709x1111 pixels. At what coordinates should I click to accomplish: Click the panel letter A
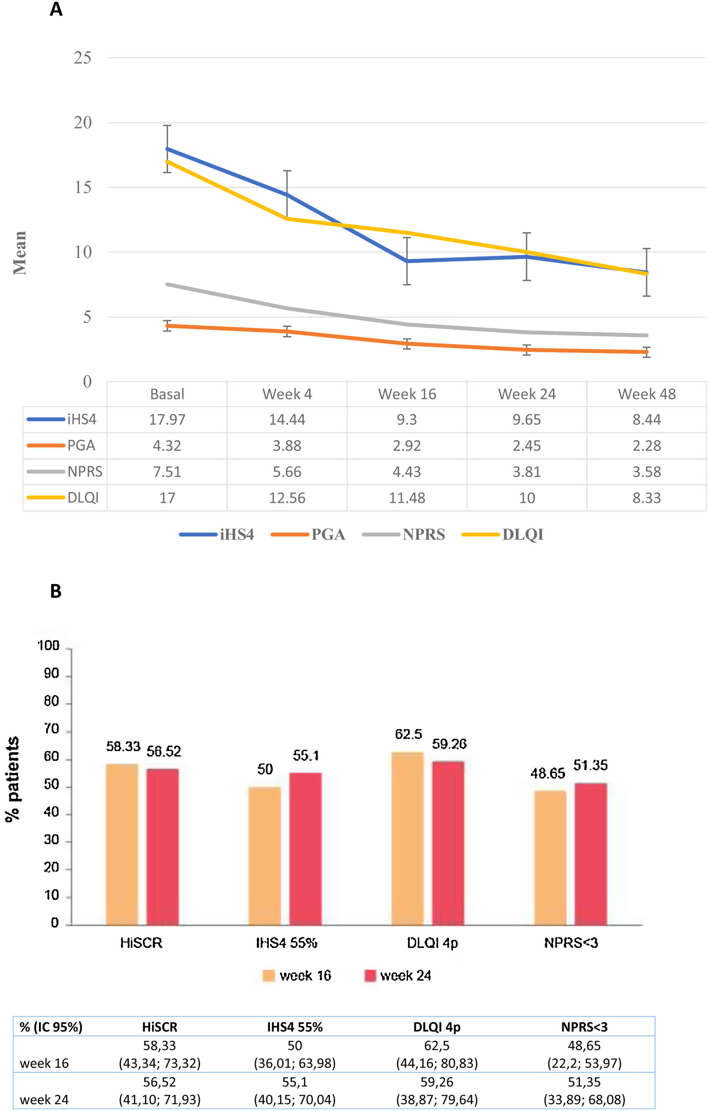click(56, 9)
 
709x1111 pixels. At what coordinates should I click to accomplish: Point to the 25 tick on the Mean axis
click(83, 58)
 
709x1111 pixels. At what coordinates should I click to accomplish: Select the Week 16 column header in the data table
click(407, 394)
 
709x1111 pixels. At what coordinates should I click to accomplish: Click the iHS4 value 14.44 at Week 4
click(287, 419)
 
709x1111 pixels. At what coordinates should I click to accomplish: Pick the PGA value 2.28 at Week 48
click(646, 446)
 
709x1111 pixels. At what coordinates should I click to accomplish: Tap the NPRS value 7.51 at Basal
click(167, 471)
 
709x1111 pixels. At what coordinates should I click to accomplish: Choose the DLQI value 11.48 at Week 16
click(407, 498)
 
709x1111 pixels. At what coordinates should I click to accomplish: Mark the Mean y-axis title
click(19, 253)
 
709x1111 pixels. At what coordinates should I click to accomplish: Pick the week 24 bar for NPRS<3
click(590, 853)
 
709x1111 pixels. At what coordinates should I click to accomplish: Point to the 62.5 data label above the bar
click(408, 734)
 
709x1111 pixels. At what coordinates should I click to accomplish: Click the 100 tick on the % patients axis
click(49, 646)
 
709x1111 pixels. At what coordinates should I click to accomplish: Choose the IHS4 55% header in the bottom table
click(295, 1027)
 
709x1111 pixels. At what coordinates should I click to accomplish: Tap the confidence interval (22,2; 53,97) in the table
click(584, 1064)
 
